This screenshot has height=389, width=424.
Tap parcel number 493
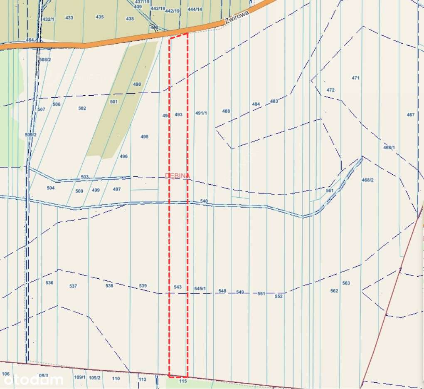(x=178, y=114)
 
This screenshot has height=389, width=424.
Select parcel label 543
(x=178, y=287)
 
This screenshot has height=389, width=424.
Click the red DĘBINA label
(x=177, y=176)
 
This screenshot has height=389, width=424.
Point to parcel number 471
(x=355, y=78)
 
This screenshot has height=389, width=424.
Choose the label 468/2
(x=367, y=180)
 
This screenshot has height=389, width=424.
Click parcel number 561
(x=330, y=190)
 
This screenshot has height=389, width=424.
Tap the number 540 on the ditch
(x=204, y=201)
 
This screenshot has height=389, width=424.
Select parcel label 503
(x=84, y=177)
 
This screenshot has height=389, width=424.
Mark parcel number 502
(x=82, y=108)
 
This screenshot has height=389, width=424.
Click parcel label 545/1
(x=200, y=288)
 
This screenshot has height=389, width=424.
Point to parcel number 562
(x=334, y=291)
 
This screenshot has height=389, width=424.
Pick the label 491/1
(x=201, y=113)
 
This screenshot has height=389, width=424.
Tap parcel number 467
(x=411, y=114)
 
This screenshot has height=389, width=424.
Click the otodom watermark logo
(x=32, y=379)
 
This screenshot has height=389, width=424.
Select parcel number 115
(x=182, y=381)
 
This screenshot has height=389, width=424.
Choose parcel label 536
(x=49, y=282)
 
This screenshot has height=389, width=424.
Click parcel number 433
(x=69, y=17)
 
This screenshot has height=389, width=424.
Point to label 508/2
(x=45, y=59)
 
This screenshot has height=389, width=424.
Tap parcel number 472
(x=330, y=90)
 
